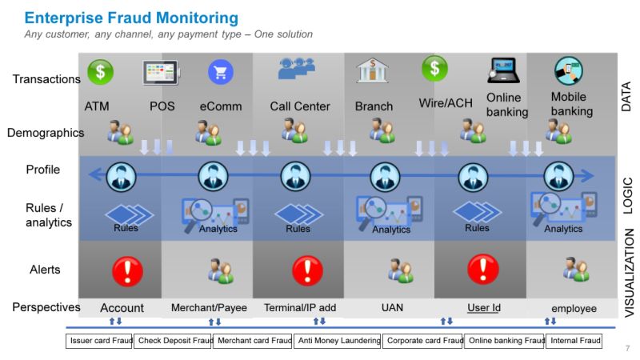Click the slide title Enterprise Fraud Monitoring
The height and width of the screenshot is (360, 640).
pos(131,17)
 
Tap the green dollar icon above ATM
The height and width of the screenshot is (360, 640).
pos(100,72)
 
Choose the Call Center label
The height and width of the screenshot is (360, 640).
pos(298,106)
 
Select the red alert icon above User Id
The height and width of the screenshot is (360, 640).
pos(482,270)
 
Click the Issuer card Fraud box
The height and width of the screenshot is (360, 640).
pos(98,341)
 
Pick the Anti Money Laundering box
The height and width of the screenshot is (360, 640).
pos(338,341)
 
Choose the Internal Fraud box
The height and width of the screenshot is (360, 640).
pos(574,341)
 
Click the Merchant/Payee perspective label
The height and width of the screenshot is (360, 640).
pos(209,308)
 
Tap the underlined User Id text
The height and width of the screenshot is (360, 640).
pos(483,308)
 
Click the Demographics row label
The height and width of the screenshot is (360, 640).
pos(46,133)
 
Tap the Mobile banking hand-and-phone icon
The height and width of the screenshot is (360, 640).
pos(569,72)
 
